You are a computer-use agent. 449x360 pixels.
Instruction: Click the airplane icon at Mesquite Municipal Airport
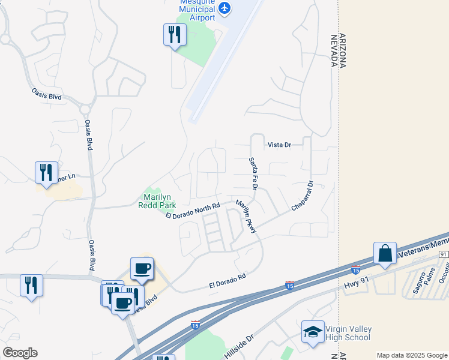point(224,8)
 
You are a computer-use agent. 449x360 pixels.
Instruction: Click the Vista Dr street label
point(279,145)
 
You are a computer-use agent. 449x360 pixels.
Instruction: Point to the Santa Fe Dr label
point(253,175)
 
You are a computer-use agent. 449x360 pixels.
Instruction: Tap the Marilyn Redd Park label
point(160,201)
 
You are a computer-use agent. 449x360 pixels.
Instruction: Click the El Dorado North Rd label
point(193,210)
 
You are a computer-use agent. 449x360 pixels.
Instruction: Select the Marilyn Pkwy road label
point(247,216)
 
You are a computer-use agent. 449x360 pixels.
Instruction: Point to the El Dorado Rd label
point(228,280)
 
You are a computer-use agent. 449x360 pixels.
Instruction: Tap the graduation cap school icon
point(313,332)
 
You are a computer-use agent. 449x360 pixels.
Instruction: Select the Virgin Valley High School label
point(348,334)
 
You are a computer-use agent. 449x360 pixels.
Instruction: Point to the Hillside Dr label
point(240,346)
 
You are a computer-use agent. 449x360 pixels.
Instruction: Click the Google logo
point(19,353)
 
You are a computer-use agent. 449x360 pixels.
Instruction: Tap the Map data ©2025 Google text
point(412,355)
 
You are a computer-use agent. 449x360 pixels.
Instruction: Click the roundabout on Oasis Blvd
point(85,109)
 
